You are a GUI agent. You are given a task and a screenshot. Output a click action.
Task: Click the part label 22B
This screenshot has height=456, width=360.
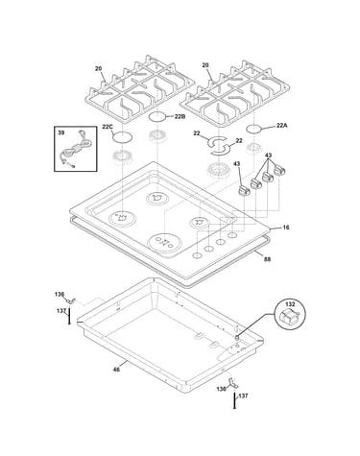tap(180, 117)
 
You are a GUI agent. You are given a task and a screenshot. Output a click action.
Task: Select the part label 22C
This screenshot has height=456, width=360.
tap(108, 127)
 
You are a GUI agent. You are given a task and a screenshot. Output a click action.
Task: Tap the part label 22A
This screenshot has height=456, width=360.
tap(282, 126)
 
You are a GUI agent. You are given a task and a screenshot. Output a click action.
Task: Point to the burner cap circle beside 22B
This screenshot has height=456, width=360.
tap(157, 117)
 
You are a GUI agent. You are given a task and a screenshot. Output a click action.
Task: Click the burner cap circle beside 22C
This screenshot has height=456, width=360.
tap(122, 137)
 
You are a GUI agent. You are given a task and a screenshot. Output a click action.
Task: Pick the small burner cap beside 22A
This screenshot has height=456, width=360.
tap(254, 129)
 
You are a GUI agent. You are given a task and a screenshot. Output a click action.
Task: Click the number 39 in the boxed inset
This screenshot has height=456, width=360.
tap(60, 132)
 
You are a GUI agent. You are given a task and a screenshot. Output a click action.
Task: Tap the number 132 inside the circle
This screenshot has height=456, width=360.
tap(290, 304)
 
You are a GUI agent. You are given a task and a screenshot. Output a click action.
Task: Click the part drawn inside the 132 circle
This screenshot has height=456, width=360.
tap(289, 316)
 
